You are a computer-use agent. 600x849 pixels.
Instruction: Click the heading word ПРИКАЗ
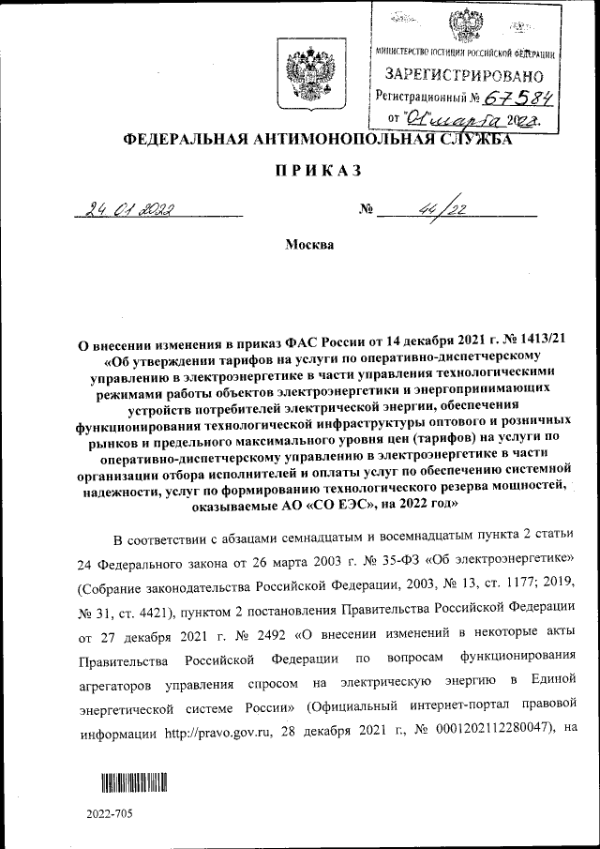299,171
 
